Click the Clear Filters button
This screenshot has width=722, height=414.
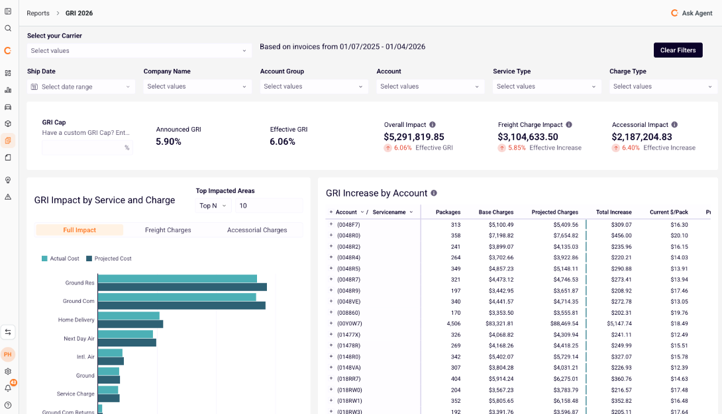click(678, 50)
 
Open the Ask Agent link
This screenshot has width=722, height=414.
click(692, 13)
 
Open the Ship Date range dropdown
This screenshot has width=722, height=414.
click(81, 87)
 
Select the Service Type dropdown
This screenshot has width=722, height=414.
click(546, 87)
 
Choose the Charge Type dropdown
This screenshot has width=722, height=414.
click(662, 87)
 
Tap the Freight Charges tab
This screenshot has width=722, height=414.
click(168, 230)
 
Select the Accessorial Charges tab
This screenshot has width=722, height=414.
click(257, 230)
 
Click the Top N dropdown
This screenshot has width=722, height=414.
click(213, 206)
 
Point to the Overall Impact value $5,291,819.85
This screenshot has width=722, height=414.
click(414, 137)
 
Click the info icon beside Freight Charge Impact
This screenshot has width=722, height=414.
click(569, 124)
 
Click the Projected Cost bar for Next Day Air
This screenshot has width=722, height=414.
click(127, 343)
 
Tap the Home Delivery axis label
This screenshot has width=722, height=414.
click(76, 320)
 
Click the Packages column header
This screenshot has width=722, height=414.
click(448, 212)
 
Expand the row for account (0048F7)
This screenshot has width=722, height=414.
click(331, 225)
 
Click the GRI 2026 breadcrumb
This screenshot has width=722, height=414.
click(79, 13)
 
